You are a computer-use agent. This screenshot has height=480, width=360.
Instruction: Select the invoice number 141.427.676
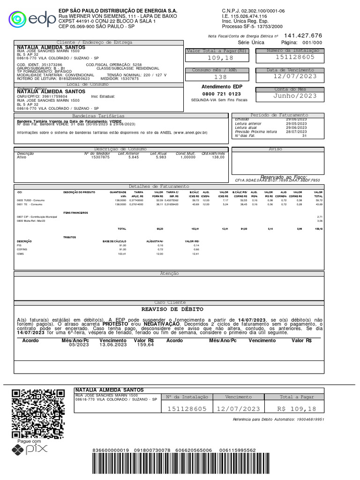[303, 36]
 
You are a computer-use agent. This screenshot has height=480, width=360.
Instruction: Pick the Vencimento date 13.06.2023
[113, 345]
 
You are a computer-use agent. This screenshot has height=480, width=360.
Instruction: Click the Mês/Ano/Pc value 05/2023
[78, 345]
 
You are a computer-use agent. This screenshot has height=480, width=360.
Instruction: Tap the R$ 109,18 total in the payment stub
[297, 409]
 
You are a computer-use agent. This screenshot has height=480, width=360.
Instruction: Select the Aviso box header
[275, 149]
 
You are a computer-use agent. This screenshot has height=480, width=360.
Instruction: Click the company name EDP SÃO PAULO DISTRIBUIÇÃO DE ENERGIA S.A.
[118, 10]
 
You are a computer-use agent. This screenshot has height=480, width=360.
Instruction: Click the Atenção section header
[170, 273]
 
